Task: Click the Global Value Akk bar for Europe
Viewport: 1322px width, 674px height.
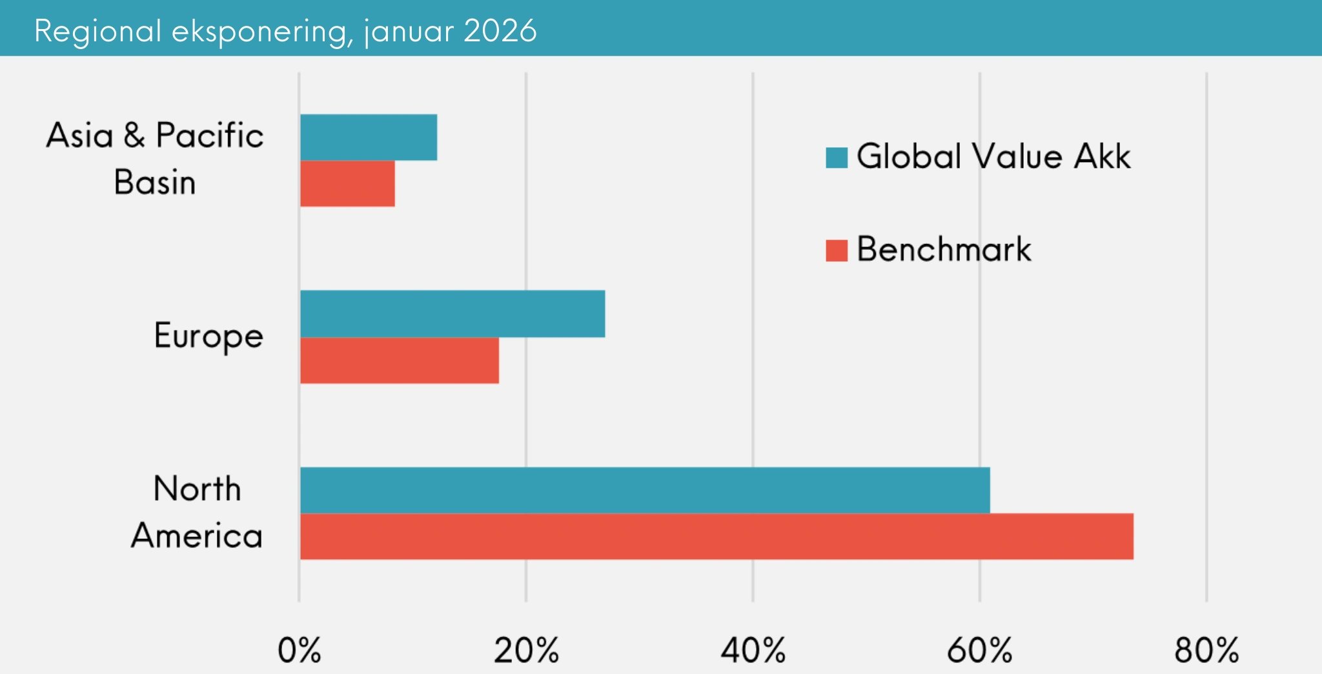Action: coord(453,314)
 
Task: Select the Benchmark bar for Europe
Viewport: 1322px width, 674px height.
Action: coord(400,360)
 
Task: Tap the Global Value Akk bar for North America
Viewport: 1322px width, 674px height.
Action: coord(645,490)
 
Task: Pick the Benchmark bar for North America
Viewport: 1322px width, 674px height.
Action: coord(717,536)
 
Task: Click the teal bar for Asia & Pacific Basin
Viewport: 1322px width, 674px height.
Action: coord(369,137)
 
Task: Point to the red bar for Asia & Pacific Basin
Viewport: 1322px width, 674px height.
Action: coord(347,183)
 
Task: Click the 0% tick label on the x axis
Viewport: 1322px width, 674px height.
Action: coord(299,650)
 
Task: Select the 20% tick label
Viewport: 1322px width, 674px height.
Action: coord(526,650)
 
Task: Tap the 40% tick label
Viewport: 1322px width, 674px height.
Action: coord(753,650)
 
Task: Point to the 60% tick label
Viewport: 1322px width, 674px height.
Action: coord(979,650)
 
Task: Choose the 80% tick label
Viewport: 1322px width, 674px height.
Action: coord(1206,650)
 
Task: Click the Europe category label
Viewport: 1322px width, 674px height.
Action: coord(208,336)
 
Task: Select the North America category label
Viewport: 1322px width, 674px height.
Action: coord(197,512)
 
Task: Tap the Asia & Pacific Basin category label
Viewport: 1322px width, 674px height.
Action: coord(155,159)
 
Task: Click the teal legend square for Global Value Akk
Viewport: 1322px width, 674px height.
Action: coord(837,158)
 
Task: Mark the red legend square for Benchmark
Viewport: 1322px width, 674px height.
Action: coord(837,250)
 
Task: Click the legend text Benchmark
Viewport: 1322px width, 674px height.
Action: coord(944,249)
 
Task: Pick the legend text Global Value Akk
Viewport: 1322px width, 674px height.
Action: coord(993,156)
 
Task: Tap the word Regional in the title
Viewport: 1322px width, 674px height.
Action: coord(97,32)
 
